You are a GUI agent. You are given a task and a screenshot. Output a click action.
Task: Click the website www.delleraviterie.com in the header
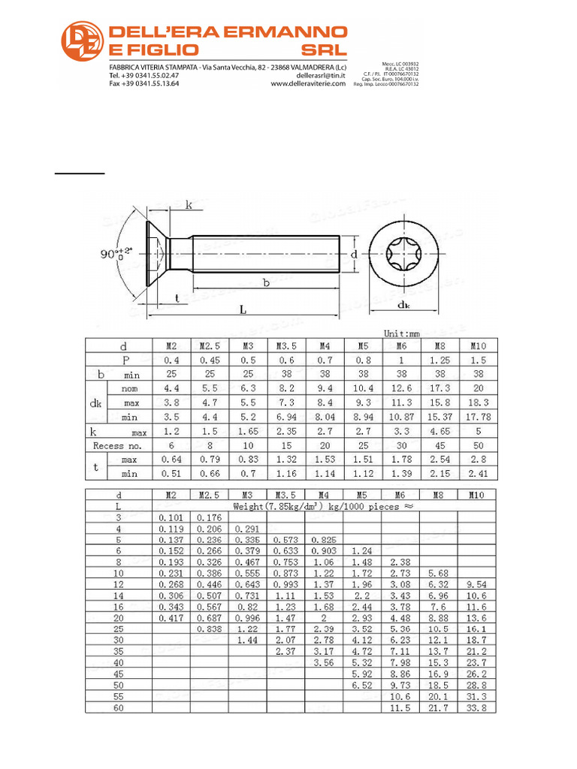(307, 84)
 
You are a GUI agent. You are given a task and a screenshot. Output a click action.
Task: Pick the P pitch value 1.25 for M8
(439, 360)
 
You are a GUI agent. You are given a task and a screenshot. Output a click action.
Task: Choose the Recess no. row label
(119, 445)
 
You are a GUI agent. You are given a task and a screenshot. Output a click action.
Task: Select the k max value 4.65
(439, 432)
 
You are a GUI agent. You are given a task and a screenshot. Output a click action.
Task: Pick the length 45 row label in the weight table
(118, 674)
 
